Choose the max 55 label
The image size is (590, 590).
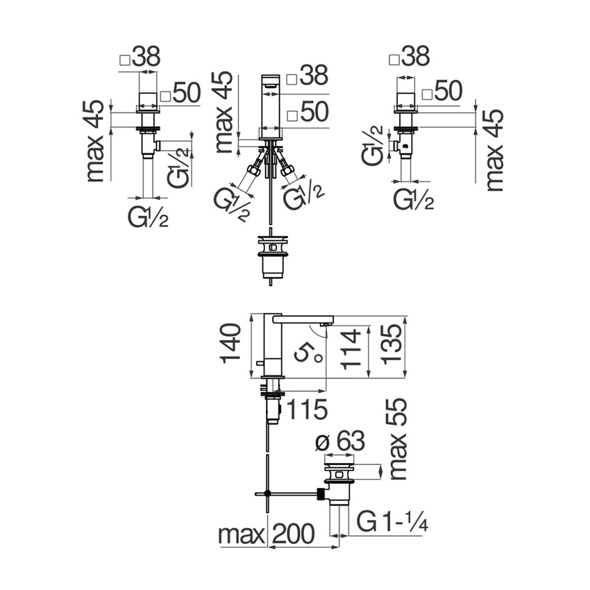pyautogui.click(x=398, y=440)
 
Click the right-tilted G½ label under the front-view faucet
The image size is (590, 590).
pyautogui.click(x=304, y=197)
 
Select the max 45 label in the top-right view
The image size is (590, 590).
pyautogui.click(x=496, y=149)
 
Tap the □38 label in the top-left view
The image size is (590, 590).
pyautogui.click(x=140, y=58)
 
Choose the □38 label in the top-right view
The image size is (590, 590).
pyautogui.click(x=410, y=58)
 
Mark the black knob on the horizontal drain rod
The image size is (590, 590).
pyautogui.click(x=321, y=495)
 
